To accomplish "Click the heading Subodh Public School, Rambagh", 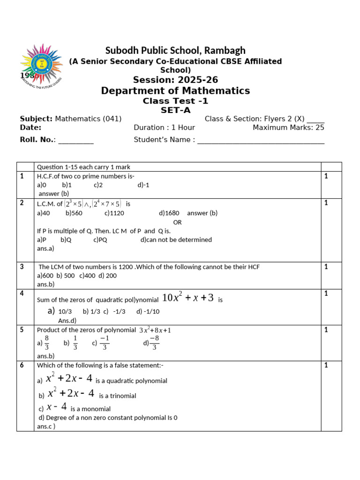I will [x=175, y=50].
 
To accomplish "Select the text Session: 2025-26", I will [x=175, y=80].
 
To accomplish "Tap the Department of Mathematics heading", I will [x=175, y=90].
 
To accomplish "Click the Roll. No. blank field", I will [x=76, y=140].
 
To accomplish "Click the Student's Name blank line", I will [x=261, y=140].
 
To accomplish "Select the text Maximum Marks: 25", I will [x=288, y=127].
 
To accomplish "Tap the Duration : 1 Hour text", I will [x=164, y=127].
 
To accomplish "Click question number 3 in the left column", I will [x=22, y=267].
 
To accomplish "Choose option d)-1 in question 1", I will [x=143, y=185].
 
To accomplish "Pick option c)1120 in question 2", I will [x=114, y=213].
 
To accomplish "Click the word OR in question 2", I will [x=177, y=222].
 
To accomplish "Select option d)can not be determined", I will [x=176, y=240].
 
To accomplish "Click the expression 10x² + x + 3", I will [x=187, y=298].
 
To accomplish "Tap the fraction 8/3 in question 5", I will [x=46, y=343].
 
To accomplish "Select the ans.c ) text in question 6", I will [x=46, y=427].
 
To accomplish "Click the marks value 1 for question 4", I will [x=326, y=293].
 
